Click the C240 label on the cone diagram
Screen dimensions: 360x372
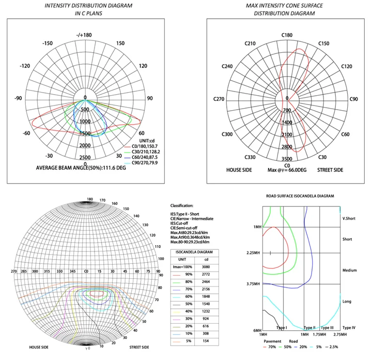[x=227, y=67]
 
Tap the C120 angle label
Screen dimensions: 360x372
[x=347, y=67]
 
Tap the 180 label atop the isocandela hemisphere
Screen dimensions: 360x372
[x=90, y=199]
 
